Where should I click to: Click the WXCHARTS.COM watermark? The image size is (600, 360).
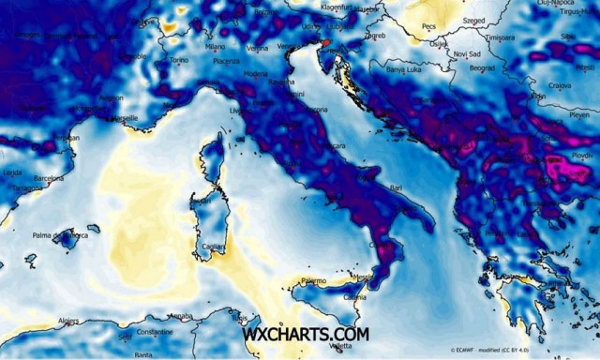[x=306, y=334]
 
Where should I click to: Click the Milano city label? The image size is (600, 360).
[x=216, y=45]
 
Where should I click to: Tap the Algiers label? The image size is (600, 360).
[x=68, y=321]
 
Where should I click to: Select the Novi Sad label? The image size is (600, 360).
[x=466, y=53]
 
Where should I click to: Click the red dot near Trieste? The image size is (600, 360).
[x=325, y=42]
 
